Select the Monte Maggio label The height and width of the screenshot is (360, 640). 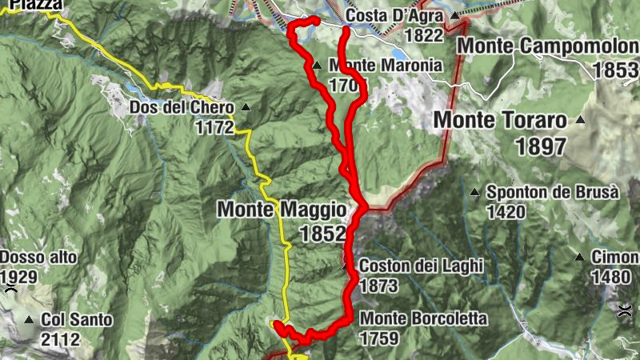click(282, 210)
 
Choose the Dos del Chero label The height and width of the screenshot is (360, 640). click(182, 107)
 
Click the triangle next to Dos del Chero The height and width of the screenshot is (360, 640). click(246, 107)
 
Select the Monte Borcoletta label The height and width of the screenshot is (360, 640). click(423, 318)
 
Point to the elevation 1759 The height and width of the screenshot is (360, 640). click(379, 338)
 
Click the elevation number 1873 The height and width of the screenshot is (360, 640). click(379, 285)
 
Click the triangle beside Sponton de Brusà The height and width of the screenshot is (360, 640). click(474, 192)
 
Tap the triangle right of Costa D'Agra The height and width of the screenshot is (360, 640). click(454, 15)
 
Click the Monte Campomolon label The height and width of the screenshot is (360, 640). click(547, 46)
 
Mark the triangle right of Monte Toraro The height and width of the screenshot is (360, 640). click(580, 120)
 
